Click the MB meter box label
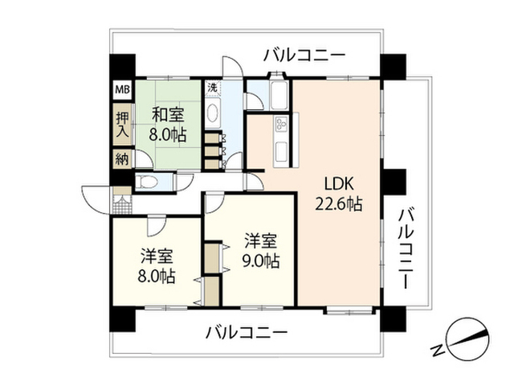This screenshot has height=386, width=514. pyautogui.click(x=122, y=89)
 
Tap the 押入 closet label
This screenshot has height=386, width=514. pyautogui.click(x=123, y=125)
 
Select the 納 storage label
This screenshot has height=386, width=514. pyautogui.click(x=122, y=159)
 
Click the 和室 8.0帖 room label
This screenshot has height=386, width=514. pyautogui.click(x=168, y=125)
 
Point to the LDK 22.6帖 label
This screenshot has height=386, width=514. pyautogui.click(x=339, y=195)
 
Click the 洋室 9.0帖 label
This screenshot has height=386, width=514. pyautogui.click(x=261, y=251)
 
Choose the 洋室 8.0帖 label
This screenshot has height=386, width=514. pyautogui.click(x=157, y=266)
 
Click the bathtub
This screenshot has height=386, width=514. pyautogui.click(x=279, y=95)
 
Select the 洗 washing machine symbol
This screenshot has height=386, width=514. pyautogui.click(x=213, y=88)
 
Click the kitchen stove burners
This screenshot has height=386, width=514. pyautogui.click(x=281, y=123)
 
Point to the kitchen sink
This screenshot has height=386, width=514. pyautogui.click(x=281, y=150)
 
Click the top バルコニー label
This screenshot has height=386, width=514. pyautogui.click(x=305, y=55)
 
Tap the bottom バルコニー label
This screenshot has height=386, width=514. pyautogui.click(x=247, y=332)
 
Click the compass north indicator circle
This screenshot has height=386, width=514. pyautogui.click(x=468, y=339)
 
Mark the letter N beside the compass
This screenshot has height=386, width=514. pyautogui.click(x=437, y=351)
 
